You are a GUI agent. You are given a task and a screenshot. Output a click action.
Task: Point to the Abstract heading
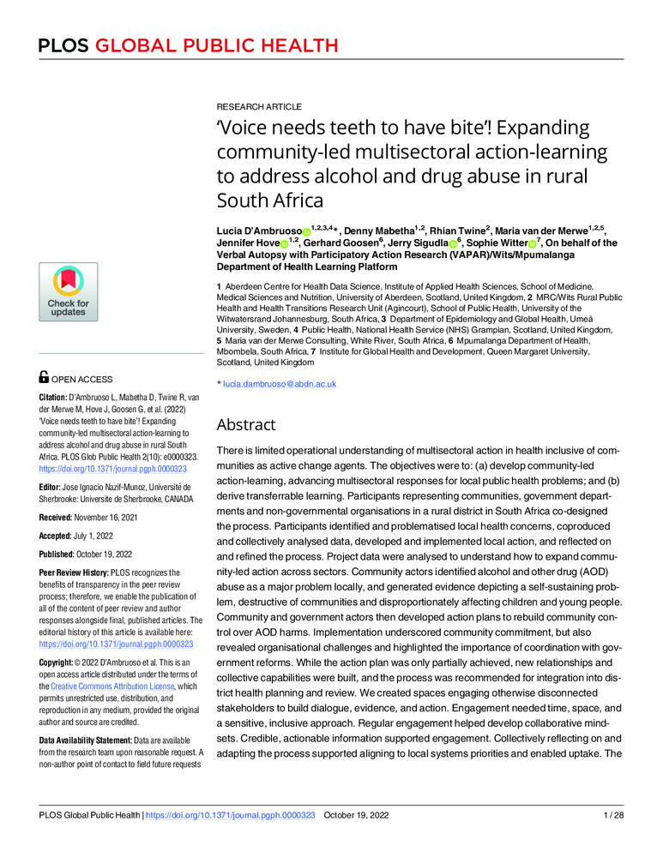[x=246, y=424]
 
